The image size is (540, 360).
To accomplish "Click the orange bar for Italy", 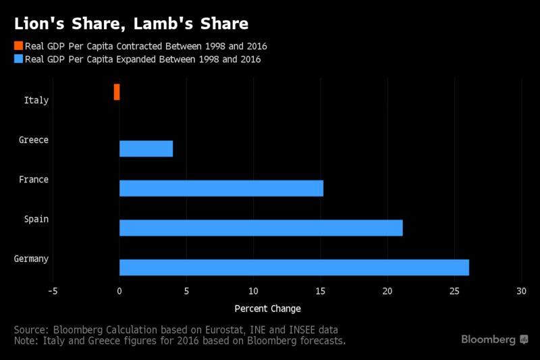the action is [117, 92].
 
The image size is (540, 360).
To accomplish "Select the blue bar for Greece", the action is [146, 149].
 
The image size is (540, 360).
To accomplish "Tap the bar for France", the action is [221, 188].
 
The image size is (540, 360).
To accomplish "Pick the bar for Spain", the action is [261, 228].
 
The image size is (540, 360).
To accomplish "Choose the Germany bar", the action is [294, 267].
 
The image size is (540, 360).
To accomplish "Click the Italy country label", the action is [36, 100].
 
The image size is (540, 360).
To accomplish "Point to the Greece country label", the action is [34, 140].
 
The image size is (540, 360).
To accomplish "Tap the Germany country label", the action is [31, 259].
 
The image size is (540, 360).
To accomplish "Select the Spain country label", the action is [36, 220].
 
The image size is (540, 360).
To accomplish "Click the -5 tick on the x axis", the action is [53, 291].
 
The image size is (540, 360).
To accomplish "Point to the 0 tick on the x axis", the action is [119, 291].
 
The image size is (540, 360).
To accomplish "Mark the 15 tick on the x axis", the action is [320, 291].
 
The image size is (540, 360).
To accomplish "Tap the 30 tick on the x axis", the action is [521, 291].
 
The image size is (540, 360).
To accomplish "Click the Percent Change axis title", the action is [267, 309].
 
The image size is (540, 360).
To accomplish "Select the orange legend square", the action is [19, 45].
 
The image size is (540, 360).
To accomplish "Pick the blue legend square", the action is [19, 59].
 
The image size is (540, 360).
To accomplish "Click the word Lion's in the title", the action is [39, 24].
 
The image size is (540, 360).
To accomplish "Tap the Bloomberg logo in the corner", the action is [495, 340].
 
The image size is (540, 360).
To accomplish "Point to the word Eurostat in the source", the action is [225, 330].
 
